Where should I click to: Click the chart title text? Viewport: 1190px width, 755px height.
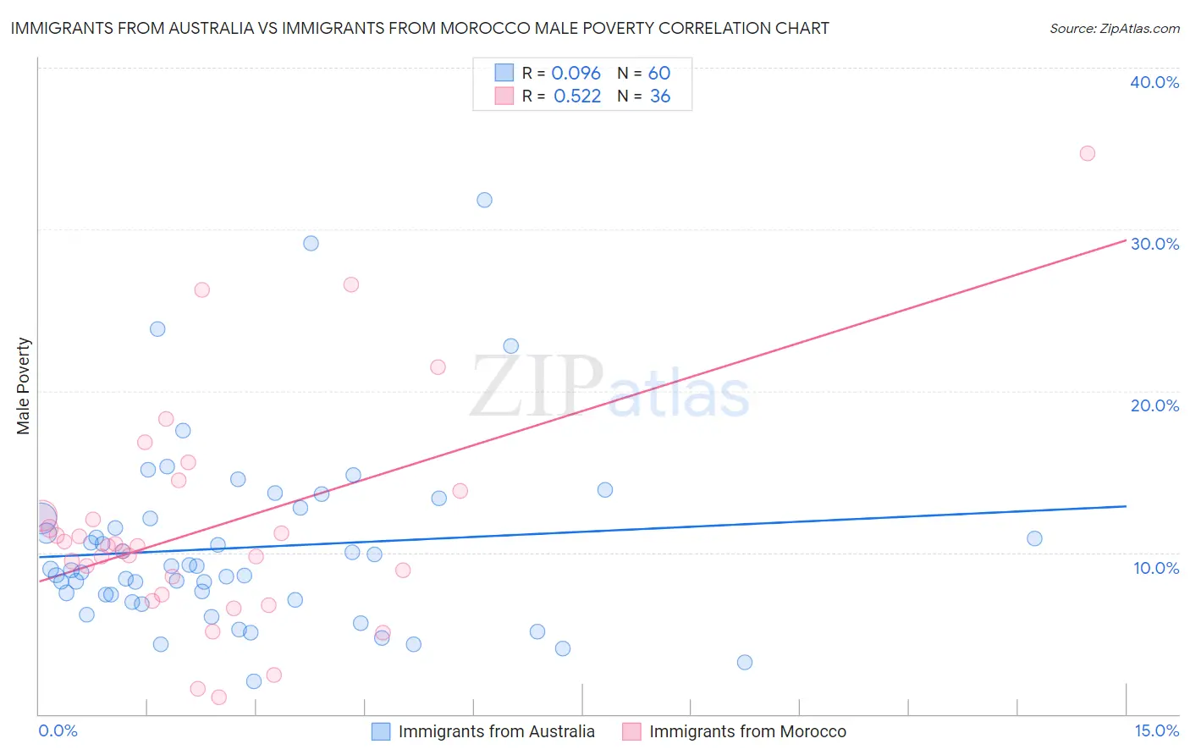(420, 28)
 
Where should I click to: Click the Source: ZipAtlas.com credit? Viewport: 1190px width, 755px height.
(1114, 28)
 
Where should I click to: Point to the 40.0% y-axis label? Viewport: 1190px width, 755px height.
(1154, 82)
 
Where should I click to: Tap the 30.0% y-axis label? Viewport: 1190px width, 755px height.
(1154, 244)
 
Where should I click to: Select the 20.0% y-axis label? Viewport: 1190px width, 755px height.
(1154, 405)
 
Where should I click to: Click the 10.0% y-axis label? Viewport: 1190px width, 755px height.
(1156, 568)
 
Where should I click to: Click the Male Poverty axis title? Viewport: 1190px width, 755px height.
(24, 386)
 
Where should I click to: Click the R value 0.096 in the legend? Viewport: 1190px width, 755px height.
(576, 74)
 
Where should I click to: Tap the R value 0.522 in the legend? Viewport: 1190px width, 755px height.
(576, 96)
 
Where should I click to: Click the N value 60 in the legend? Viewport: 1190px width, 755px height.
(659, 74)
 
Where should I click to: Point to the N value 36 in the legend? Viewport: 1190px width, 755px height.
(659, 96)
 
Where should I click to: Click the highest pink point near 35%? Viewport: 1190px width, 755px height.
(1088, 153)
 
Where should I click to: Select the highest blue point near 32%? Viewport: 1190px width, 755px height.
(484, 200)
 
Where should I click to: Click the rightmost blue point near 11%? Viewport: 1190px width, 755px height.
(1034, 538)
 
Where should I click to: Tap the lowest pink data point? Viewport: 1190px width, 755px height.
(218, 697)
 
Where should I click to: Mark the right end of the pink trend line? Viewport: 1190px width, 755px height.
(1127, 240)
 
